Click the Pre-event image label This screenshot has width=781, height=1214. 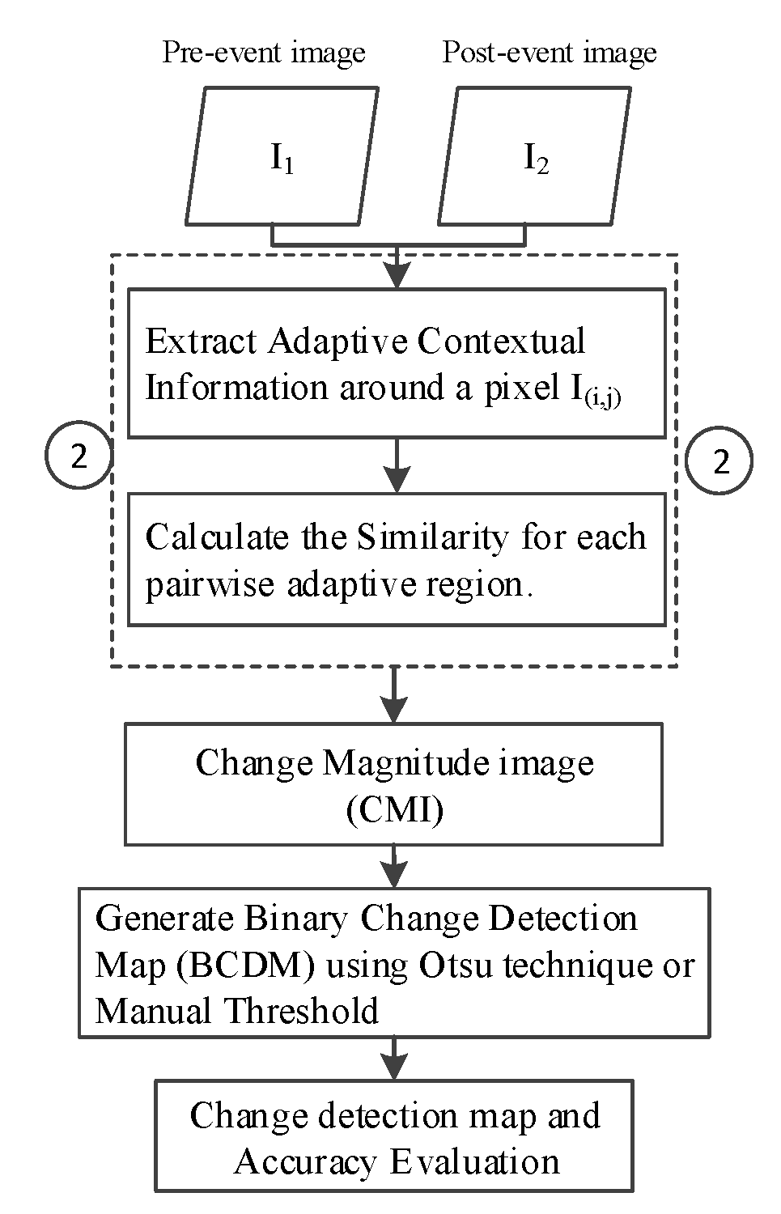(264, 53)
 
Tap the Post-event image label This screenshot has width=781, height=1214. (550, 53)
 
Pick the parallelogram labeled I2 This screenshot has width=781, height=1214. (535, 157)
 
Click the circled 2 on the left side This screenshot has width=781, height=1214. (78, 458)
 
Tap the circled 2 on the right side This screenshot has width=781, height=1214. (719, 461)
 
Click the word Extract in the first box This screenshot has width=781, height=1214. (202, 342)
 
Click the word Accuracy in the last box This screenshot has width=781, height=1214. (306, 1162)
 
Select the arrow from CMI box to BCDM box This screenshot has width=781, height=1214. (394, 867)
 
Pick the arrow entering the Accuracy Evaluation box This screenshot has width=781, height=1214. (394, 1059)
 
